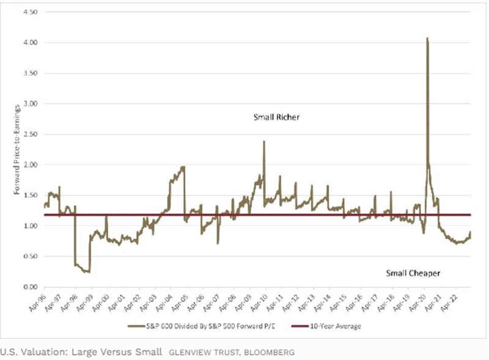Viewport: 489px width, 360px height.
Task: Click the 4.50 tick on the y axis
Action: tap(29, 12)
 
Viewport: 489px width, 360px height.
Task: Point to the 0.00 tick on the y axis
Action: tap(29, 287)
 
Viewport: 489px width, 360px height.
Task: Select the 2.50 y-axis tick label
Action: tap(29, 134)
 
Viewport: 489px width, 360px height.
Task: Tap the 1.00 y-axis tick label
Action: tap(29, 226)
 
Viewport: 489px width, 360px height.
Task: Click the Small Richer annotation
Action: tap(276, 117)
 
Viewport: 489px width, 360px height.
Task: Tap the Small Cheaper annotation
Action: tap(413, 273)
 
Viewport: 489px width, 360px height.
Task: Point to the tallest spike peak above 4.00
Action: tap(427, 39)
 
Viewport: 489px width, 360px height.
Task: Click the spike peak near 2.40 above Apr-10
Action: tap(264, 142)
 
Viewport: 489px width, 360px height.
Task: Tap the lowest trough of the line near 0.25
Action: tap(89, 272)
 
